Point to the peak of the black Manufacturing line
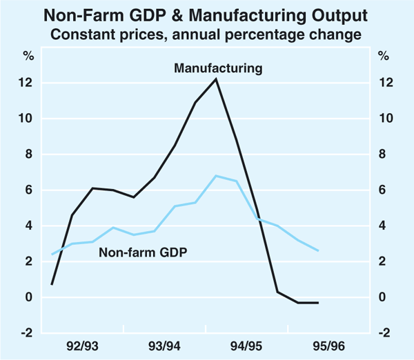(216, 79)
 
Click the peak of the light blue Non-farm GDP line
(216, 176)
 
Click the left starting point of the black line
(52, 284)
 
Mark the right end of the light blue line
(318, 250)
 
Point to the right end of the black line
(318, 303)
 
